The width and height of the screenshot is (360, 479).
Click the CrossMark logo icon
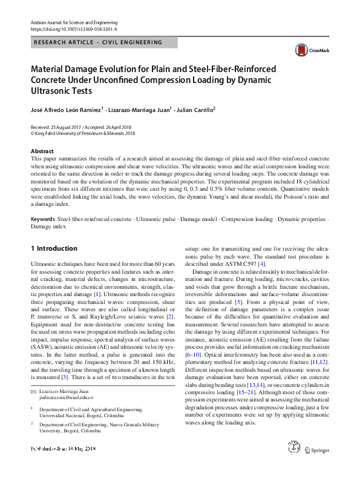tap(301, 50)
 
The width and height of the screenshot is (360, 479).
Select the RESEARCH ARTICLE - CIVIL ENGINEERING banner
tap(98, 43)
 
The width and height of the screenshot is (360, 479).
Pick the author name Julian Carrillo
tap(195, 110)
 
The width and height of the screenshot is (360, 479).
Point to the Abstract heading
tap(42, 151)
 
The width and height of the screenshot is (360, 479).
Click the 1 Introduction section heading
tap(54, 248)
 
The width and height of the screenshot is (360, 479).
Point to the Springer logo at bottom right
tap(316, 466)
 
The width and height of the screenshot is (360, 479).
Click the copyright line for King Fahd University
tap(83, 133)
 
